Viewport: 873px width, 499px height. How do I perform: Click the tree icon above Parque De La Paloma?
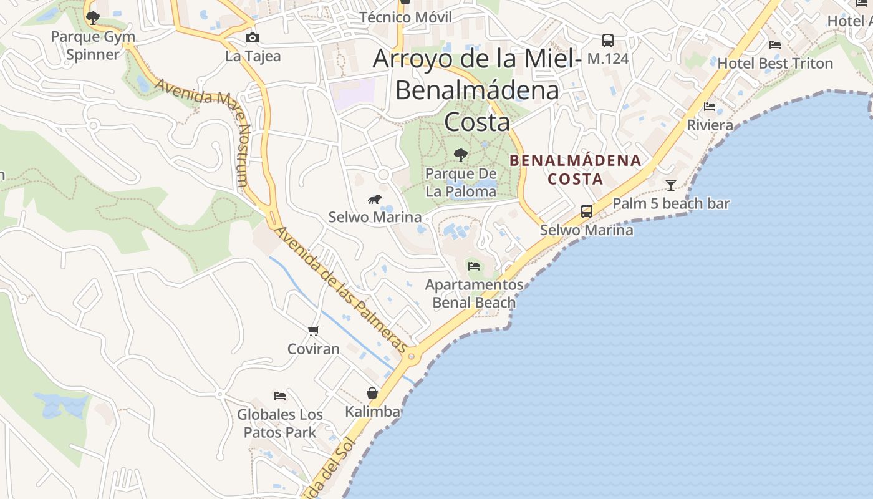pyautogui.click(x=461, y=155)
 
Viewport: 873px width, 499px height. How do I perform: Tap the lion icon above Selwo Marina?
pyautogui.click(x=375, y=200)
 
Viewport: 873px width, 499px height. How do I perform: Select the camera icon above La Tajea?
pyautogui.click(x=253, y=38)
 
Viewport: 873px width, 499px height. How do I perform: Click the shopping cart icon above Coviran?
pyautogui.click(x=314, y=331)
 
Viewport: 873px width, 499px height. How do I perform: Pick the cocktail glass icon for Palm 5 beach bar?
pyautogui.click(x=671, y=185)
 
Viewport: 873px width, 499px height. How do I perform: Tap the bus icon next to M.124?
pyautogui.click(x=608, y=41)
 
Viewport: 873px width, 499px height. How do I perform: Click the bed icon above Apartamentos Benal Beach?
pyautogui.click(x=474, y=267)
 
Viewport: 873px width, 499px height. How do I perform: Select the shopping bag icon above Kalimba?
pyautogui.click(x=372, y=393)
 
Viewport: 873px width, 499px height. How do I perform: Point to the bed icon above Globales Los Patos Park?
pyautogui.click(x=280, y=395)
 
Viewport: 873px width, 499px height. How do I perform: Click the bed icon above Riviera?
pyautogui.click(x=710, y=107)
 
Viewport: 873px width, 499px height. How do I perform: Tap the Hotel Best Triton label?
pyautogui.click(x=775, y=64)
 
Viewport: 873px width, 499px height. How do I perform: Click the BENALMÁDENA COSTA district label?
pyautogui.click(x=575, y=170)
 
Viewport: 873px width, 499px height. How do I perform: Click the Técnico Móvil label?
pyautogui.click(x=406, y=17)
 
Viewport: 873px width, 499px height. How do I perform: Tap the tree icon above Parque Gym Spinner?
pyautogui.click(x=93, y=18)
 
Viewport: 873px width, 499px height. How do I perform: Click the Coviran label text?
pyautogui.click(x=314, y=349)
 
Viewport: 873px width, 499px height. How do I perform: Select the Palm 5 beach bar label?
pyautogui.click(x=671, y=204)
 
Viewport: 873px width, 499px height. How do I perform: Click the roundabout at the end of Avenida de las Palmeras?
pyautogui.click(x=411, y=357)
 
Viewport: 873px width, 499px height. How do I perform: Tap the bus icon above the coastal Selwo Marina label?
pyautogui.click(x=587, y=211)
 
